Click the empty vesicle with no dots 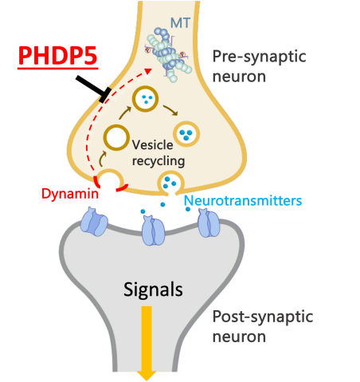[116, 139]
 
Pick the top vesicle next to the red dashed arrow [146, 99]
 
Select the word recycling [159, 161]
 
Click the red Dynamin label [70, 194]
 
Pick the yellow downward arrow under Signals [147, 343]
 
